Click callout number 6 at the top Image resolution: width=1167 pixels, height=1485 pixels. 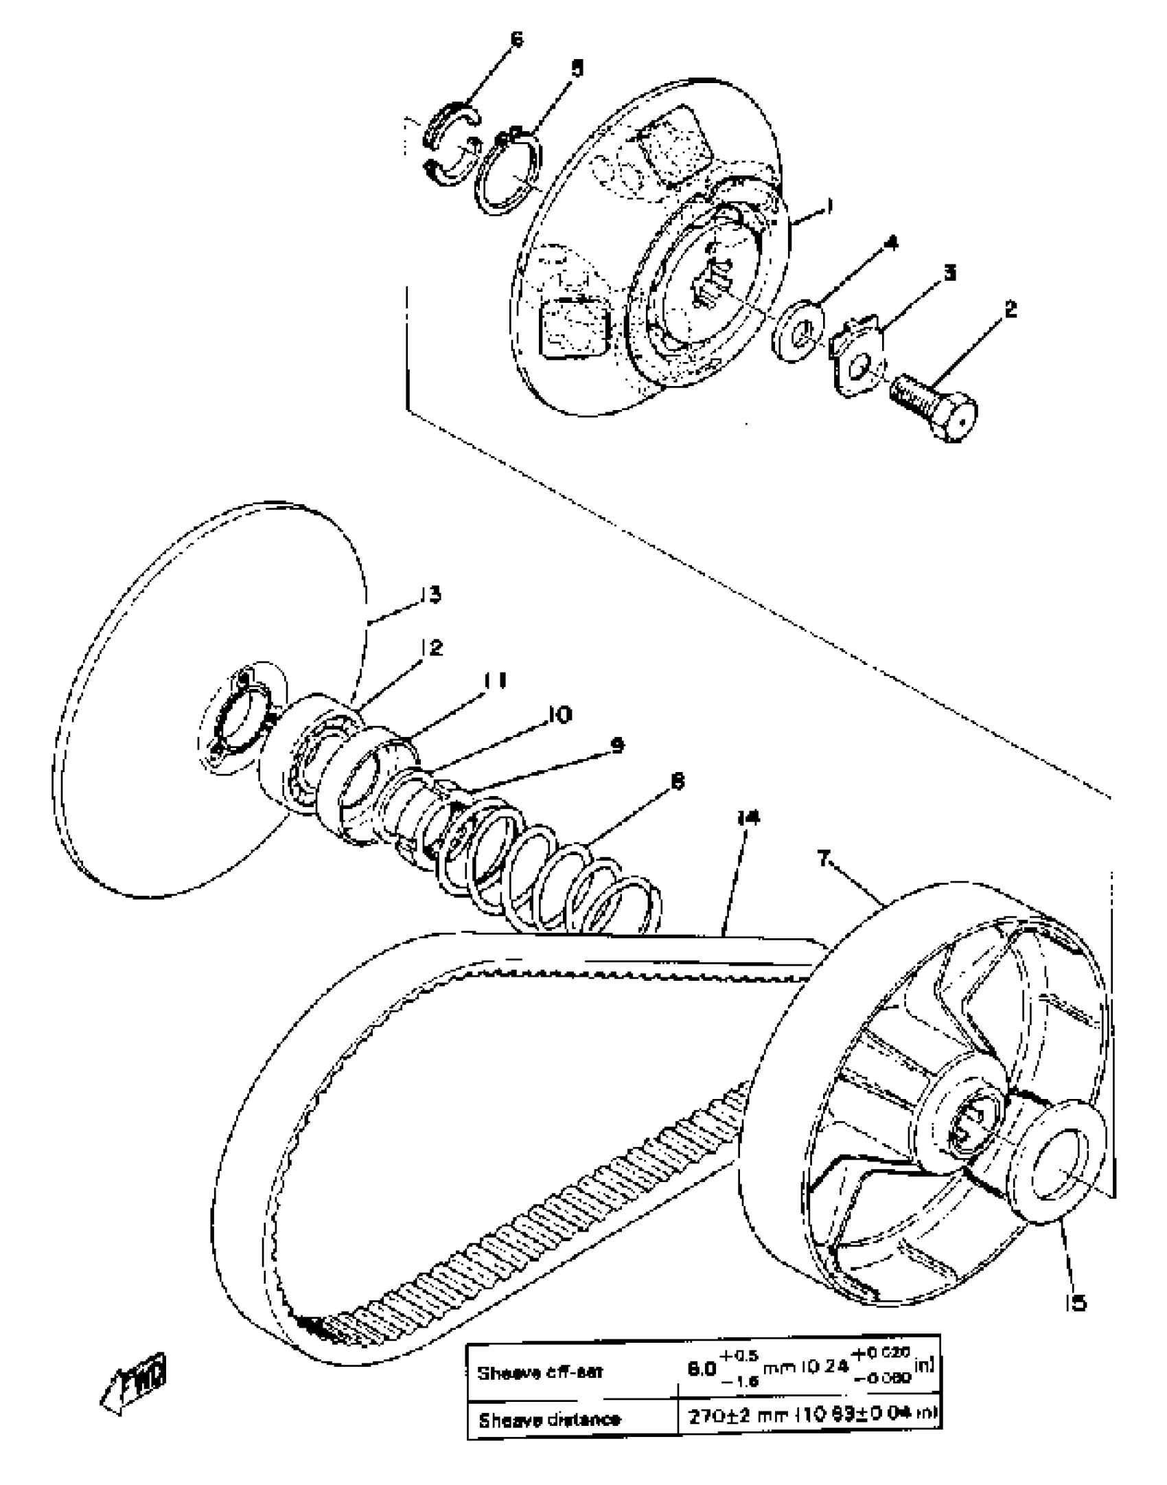(x=516, y=39)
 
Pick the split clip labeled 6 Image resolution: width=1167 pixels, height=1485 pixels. (x=450, y=144)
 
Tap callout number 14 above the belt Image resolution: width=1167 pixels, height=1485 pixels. (x=749, y=817)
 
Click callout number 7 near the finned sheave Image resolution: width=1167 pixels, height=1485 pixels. (x=824, y=858)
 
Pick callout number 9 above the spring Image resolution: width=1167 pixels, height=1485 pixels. (x=617, y=745)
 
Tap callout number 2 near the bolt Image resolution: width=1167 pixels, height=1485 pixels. (x=1010, y=308)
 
